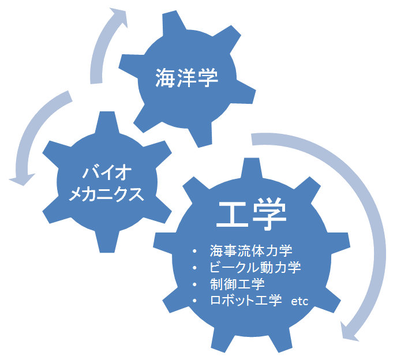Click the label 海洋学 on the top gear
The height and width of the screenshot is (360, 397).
(188, 78)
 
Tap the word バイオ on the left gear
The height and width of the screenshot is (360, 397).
(108, 172)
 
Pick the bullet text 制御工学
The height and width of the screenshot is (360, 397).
(237, 284)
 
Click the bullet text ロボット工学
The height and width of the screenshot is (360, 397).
(246, 301)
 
